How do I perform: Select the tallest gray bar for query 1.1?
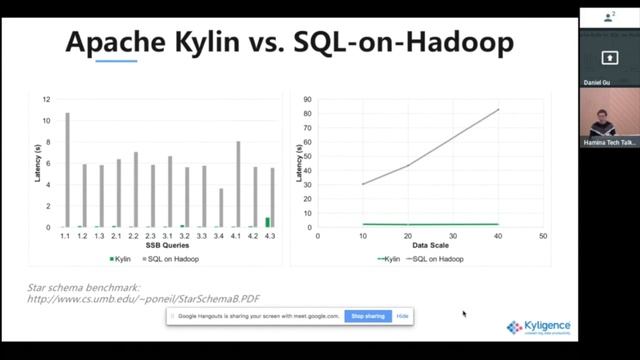click(67, 169)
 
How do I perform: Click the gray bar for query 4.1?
click(238, 184)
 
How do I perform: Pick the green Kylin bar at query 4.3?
click(267, 222)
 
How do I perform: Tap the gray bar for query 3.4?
click(221, 207)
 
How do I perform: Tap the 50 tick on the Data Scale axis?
click(542, 236)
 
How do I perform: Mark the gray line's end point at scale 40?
click(498, 110)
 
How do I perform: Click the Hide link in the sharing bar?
click(402, 316)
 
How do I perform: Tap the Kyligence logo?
click(540, 327)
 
